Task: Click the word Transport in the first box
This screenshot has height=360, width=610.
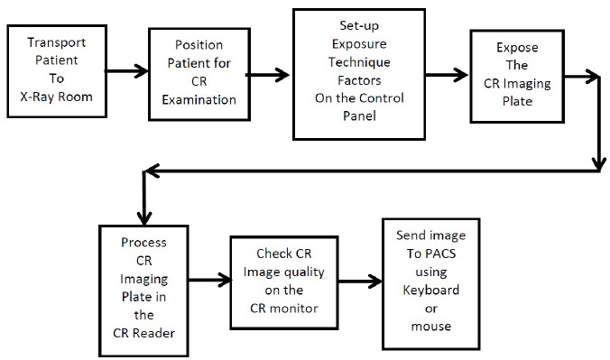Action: (56, 42)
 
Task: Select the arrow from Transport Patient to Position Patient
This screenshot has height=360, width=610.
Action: (123, 68)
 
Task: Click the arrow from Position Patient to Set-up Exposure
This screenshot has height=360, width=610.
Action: (267, 76)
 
